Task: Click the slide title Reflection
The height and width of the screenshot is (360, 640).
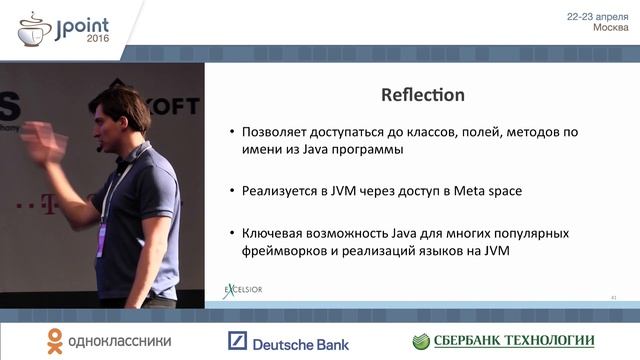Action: pos(423,95)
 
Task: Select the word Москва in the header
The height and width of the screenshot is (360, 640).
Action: pos(611,28)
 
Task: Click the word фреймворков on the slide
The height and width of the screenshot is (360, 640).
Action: pos(286,251)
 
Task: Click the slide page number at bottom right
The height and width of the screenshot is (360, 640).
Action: pos(612,297)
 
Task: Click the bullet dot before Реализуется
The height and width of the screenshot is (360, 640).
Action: pos(232,191)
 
